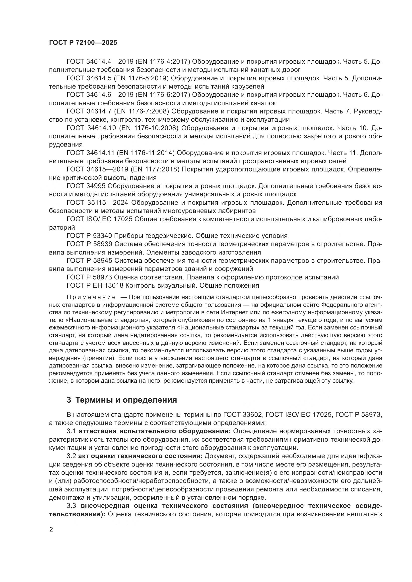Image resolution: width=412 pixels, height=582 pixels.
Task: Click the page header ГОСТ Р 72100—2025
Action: pyautogui.click(x=83, y=43)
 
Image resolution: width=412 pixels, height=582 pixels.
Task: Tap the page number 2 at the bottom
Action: pyautogui.click(x=51, y=529)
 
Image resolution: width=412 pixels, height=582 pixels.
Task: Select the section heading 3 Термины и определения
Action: pyautogui.click(x=122, y=400)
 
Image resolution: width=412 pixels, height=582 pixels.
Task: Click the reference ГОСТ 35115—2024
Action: pyautogui.click(x=97, y=203)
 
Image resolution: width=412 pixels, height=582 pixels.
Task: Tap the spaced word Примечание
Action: pyautogui.click(x=91, y=297)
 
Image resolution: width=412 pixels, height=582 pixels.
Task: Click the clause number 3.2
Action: pyautogui.click(x=71, y=456)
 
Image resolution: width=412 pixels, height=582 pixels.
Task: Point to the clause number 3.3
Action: pyautogui.click(x=71, y=506)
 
